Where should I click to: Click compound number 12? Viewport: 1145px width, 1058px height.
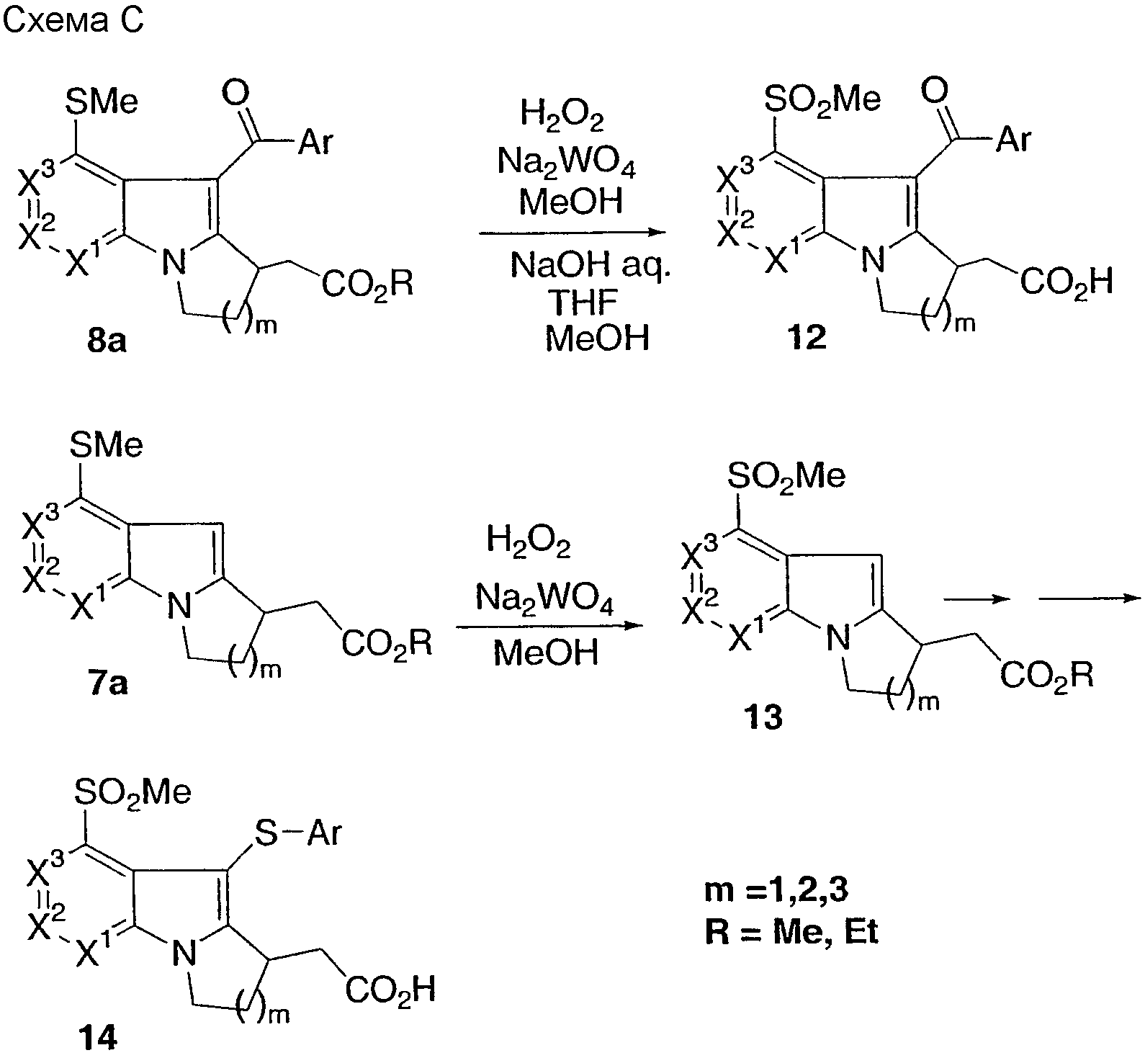[807, 336]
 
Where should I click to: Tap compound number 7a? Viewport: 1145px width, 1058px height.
[109, 682]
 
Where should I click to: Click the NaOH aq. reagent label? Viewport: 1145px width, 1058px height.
[591, 266]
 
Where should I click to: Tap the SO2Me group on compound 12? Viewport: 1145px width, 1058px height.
[823, 99]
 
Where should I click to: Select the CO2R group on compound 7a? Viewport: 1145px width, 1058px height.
[386, 643]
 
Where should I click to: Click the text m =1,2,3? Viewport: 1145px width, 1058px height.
[776, 892]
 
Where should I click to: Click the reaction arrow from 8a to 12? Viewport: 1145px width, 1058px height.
[572, 233]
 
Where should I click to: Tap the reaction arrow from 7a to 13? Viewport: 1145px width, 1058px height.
[547, 626]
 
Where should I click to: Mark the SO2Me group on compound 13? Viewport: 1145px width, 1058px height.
[786, 475]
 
